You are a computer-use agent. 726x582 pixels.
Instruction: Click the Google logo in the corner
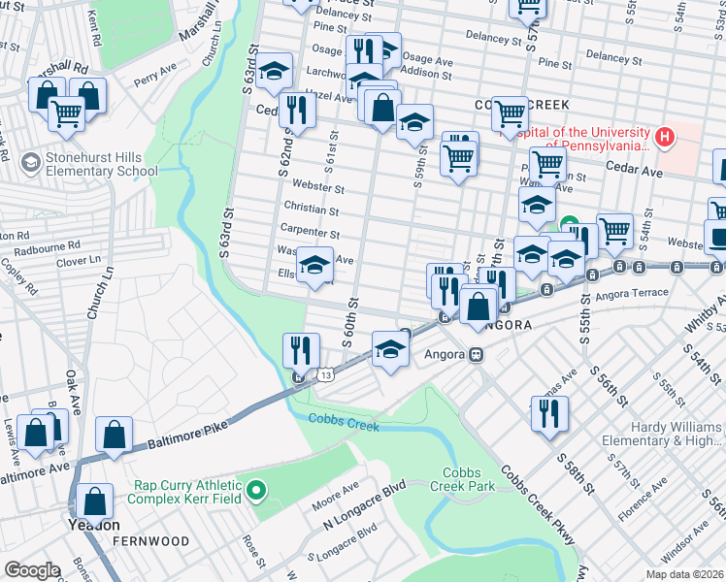(33, 570)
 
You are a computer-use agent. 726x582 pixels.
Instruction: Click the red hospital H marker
(665, 137)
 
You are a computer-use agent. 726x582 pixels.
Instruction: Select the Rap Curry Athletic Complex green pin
(256, 491)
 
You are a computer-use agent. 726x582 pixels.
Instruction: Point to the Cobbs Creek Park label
(470, 485)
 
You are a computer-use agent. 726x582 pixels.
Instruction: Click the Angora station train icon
(477, 354)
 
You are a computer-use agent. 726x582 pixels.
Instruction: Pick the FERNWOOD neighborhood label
(146, 539)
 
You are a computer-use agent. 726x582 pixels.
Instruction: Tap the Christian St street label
(311, 209)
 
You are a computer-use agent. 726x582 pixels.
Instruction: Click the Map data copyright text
(680, 574)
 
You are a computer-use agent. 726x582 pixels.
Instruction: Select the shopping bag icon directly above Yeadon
(95, 501)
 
